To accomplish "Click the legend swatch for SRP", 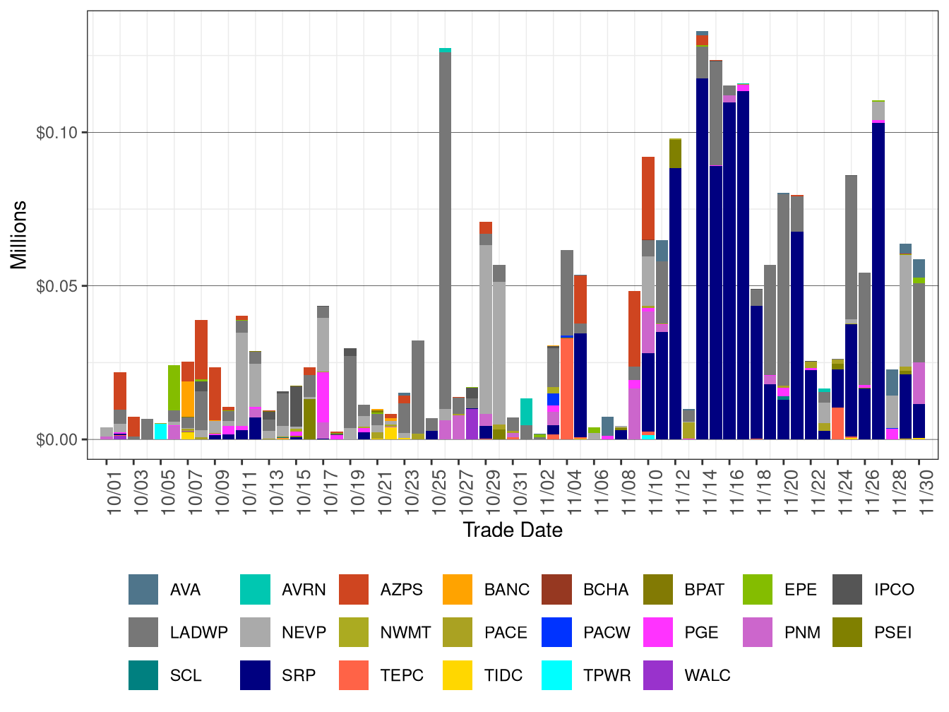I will [x=255, y=675].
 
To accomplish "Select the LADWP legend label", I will [x=198, y=633].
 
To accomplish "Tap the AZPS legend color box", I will [x=354, y=590].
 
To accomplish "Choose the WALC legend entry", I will [x=707, y=675].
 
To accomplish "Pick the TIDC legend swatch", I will [x=457, y=675].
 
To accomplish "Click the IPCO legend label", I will [x=893, y=590].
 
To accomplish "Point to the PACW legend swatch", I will [x=556, y=633].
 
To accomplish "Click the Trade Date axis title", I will [x=513, y=530].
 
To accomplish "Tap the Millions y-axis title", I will [x=19, y=235].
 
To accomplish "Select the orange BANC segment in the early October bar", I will [x=188, y=399].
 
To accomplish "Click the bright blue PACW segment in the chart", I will [x=554, y=400].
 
